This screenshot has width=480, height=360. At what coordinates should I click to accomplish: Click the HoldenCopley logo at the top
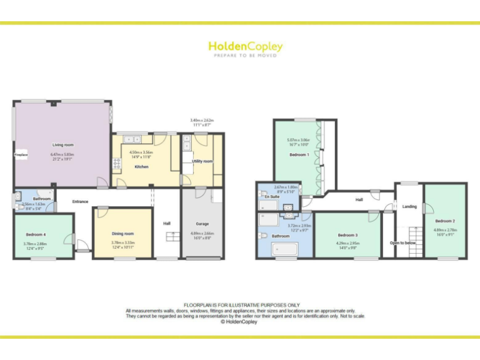click(x=245, y=47)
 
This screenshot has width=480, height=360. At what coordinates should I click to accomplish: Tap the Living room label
click(x=62, y=145)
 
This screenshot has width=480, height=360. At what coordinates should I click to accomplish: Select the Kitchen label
click(x=141, y=167)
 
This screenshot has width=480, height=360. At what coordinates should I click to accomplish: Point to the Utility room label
click(x=202, y=161)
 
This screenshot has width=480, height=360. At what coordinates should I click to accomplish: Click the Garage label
click(x=202, y=223)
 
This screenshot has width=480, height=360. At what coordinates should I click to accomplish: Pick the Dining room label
click(x=122, y=233)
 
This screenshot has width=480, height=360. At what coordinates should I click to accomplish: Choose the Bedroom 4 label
click(x=36, y=234)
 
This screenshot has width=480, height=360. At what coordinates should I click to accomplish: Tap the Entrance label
click(x=80, y=201)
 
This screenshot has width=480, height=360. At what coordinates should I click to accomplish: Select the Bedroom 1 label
click(x=299, y=154)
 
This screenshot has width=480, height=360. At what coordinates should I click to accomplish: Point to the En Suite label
click(x=272, y=197)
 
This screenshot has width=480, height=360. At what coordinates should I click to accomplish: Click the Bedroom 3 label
click(x=347, y=235)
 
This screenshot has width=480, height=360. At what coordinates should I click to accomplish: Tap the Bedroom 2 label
click(x=444, y=221)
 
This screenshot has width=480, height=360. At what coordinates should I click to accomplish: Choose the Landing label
click(x=409, y=206)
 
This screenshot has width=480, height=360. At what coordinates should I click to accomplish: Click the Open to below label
click(x=403, y=242)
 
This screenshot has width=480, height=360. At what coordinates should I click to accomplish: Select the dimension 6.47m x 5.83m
click(x=62, y=154)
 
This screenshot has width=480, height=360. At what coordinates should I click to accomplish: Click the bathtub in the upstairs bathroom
click(x=286, y=249)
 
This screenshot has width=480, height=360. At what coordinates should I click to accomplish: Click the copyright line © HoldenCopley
click(x=240, y=322)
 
